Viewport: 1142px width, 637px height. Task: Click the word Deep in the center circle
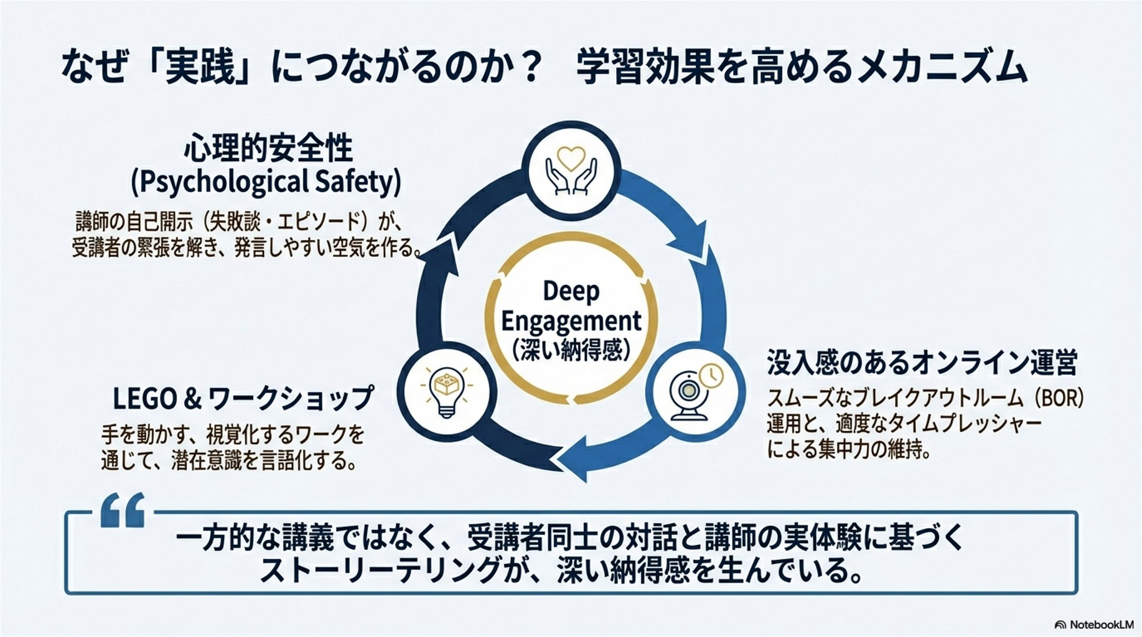[x=571, y=291]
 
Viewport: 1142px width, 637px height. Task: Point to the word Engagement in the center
[x=571, y=322]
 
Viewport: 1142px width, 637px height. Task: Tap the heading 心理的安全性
[x=268, y=149]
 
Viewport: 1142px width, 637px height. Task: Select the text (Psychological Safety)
[x=266, y=182]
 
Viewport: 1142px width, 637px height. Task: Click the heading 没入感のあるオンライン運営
[x=922, y=362]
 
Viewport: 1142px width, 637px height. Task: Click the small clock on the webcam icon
[x=711, y=374]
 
